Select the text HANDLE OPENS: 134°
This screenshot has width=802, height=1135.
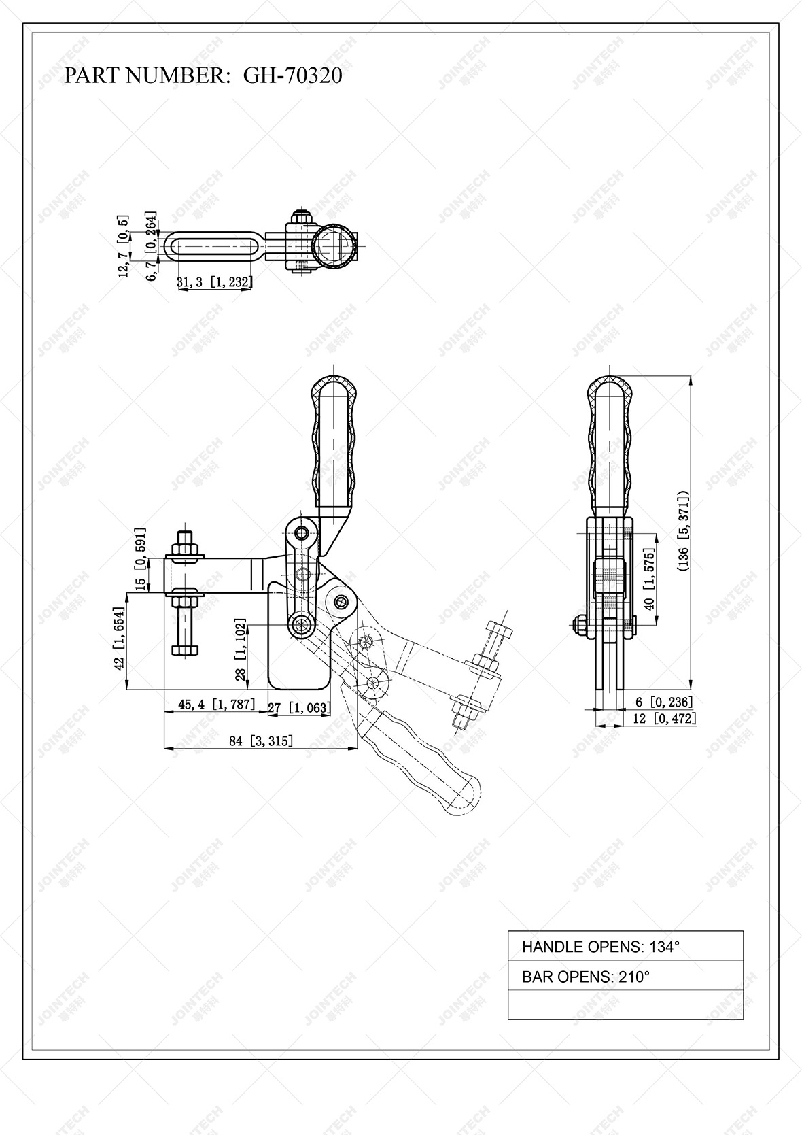600,946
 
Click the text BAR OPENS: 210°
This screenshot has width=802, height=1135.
585,977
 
